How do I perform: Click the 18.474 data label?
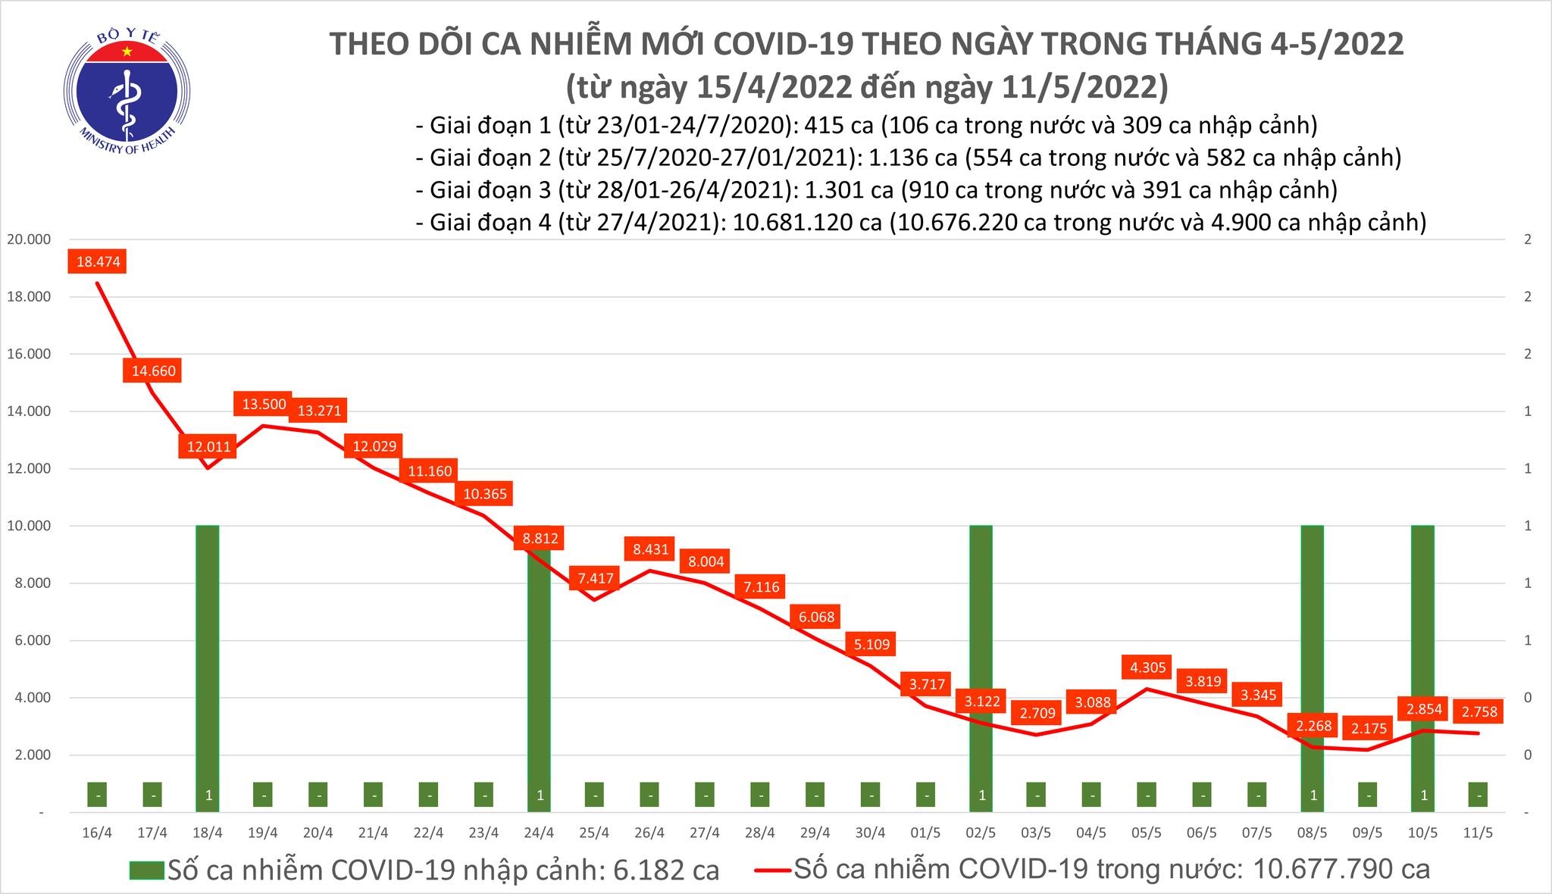[98, 262]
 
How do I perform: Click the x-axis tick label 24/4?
[539, 833]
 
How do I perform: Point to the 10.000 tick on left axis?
[29, 526]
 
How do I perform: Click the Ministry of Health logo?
[126, 89]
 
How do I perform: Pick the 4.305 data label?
[1147, 667]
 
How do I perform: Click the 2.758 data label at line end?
[1479, 711]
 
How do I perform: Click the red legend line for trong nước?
[773, 870]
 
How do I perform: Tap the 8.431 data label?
[649, 549]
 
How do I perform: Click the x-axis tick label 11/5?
[1478, 833]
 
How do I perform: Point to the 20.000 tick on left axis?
[29, 239]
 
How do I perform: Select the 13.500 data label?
[264, 405]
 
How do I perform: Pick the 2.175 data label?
[1369, 729]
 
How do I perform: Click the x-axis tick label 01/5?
[925, 833]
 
